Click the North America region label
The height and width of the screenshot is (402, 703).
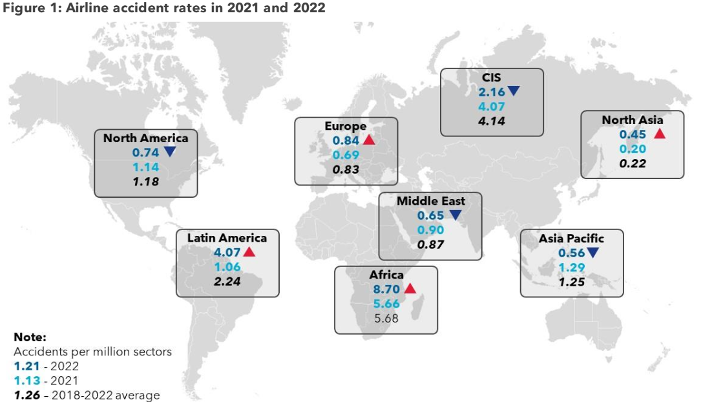pos(145,138)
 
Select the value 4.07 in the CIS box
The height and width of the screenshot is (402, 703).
pos(491,107)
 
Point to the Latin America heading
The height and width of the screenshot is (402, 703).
pos(227,237)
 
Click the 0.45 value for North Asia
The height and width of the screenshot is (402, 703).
pos(633,134)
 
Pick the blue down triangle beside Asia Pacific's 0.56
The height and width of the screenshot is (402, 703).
pos(593,253)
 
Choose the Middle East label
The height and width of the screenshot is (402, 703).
pos(430,200)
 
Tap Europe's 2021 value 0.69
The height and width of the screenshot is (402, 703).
pos(346,155)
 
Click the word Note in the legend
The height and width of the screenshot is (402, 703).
pos(30,337)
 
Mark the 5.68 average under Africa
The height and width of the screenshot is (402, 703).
pos(386,318)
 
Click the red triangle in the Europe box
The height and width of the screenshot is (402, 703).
pos(368,140)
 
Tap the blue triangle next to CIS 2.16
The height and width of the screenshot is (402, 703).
pos(513,92)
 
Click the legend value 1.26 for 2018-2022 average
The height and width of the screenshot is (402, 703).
pos(26,395)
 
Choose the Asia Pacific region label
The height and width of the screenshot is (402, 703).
pos(571,238)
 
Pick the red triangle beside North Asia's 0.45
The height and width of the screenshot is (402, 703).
pos(659,134)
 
